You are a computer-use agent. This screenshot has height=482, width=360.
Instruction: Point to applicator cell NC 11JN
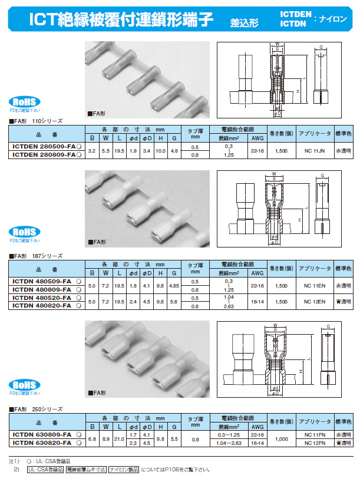315,150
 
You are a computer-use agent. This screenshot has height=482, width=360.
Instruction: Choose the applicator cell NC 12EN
315,302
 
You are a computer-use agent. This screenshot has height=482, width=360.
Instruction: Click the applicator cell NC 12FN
315,443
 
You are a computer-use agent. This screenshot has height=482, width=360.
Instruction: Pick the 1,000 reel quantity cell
280,438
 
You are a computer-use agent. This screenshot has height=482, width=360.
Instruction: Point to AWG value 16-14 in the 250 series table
257,443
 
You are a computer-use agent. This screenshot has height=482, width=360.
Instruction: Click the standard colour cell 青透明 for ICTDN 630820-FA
344,443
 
